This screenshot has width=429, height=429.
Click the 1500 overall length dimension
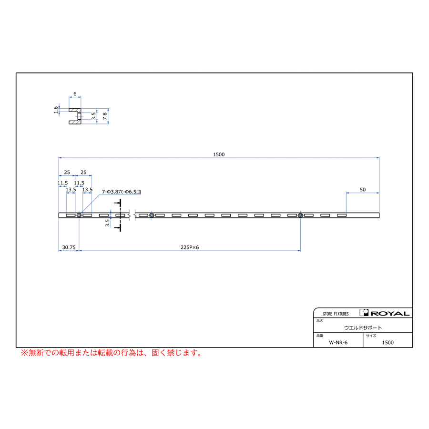[x=219, y=154]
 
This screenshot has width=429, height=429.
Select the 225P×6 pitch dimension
[x=190, y=247]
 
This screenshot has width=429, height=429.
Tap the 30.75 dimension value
[x=69, y=247]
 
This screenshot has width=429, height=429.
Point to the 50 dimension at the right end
[x=363, y=190]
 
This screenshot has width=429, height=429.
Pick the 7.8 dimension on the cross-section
[x=105, y=116]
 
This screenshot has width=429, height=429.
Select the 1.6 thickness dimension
[x=56, y=110]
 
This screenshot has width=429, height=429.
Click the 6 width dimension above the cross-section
[x=75, y=94]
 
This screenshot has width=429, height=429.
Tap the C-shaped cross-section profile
[x=70, y=116]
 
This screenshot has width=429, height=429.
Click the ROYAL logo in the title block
[x=385, y=313]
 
